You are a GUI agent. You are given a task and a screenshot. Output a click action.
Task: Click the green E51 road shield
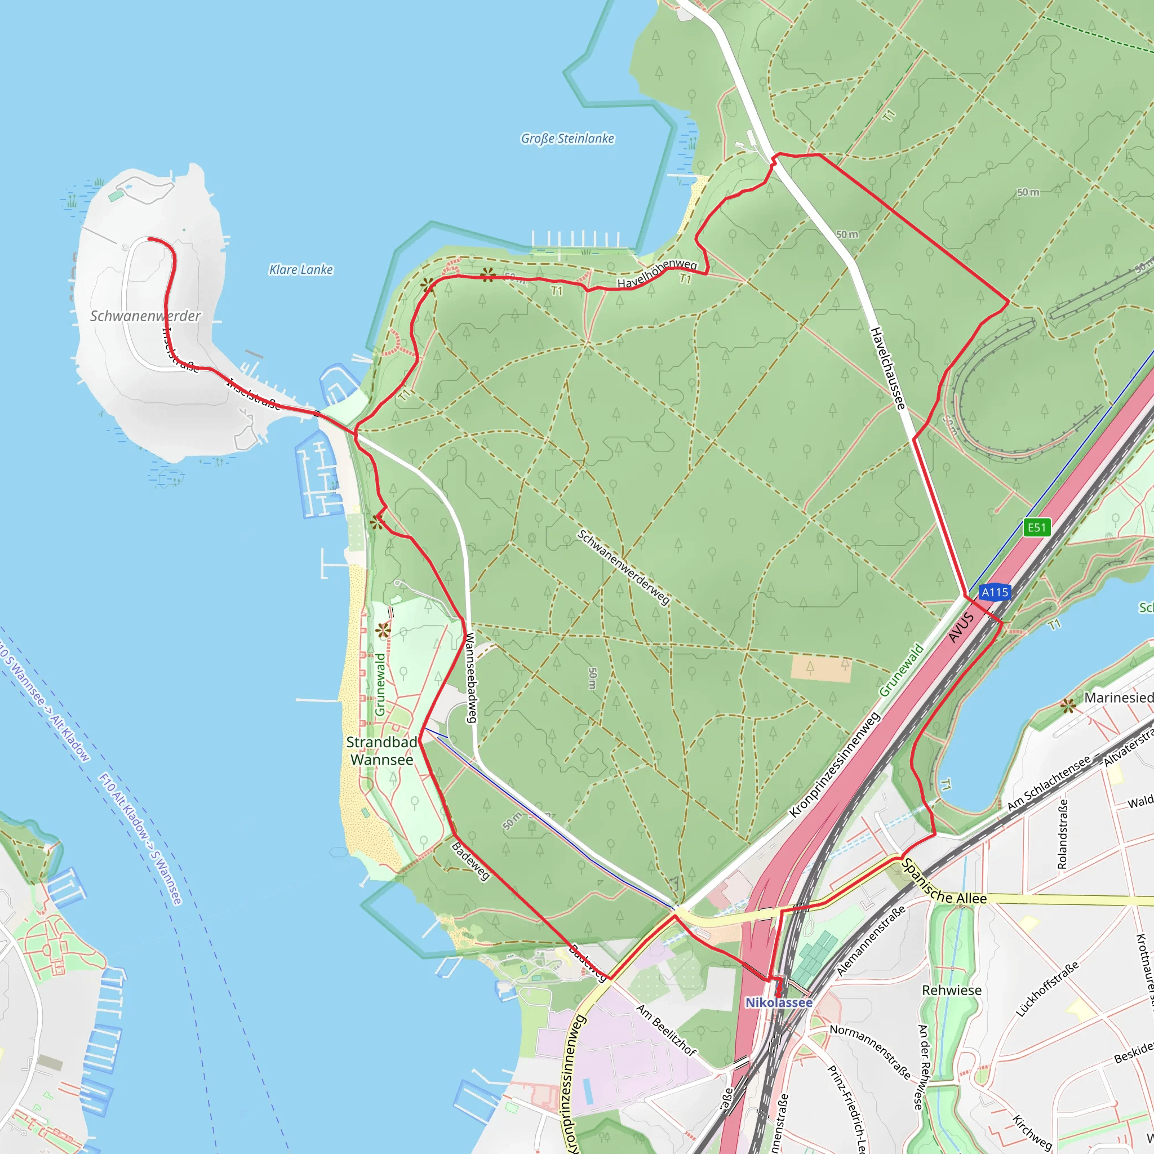[1036, 527]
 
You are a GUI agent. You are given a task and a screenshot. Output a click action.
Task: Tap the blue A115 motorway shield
[995, 592]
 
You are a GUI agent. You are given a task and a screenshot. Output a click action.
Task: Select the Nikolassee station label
[778, 1002]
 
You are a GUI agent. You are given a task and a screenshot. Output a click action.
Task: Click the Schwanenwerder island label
[145, 316]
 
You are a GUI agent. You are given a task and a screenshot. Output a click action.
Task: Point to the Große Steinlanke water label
[567, 139]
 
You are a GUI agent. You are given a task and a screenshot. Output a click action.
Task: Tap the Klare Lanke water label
[301, 269]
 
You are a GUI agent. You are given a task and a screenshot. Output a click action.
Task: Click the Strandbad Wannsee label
[381, 751]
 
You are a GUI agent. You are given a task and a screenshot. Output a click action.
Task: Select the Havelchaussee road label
[887, 369]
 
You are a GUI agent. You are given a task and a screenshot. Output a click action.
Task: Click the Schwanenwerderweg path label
[624, 567]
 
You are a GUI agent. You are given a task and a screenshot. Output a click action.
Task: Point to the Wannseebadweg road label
[471, 678]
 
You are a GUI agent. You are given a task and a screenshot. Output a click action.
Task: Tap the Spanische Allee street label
[944, 882]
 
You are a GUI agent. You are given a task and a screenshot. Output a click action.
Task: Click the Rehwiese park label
[952, 991]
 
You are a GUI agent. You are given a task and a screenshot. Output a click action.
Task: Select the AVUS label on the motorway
[961, 628]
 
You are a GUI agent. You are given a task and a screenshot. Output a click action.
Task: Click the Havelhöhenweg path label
[657, 273]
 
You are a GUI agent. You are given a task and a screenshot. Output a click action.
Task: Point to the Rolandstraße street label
[1062, 834]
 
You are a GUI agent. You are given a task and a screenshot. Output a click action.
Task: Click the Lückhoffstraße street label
[1047, 988]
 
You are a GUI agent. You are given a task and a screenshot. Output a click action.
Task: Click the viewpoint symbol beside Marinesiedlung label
[1068, 706]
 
